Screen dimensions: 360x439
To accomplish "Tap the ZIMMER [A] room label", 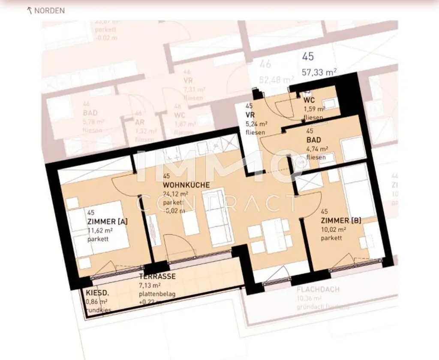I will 107,221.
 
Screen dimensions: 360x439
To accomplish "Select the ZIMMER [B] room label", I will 341,221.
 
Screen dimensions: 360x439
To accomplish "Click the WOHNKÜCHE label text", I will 186,185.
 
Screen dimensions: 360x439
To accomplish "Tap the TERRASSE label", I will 157,277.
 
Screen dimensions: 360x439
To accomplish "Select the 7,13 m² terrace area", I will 150,285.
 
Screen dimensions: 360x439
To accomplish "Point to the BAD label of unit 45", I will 313,140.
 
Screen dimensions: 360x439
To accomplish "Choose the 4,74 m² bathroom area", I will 317,149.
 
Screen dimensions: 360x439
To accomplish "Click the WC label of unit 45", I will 309,100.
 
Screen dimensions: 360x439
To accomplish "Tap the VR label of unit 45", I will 250,115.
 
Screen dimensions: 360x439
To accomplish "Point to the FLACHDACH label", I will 318,290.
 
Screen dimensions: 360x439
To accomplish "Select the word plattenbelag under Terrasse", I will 157,294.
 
